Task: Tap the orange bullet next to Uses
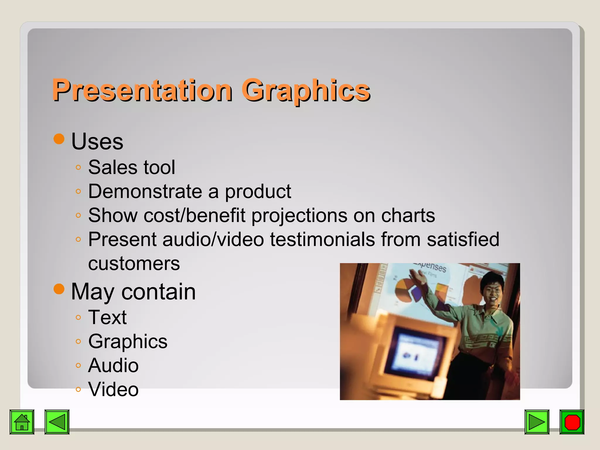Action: pyautogui.click(x=59, y=139)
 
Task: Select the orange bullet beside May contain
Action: pyautogui.click(x=59, y=289)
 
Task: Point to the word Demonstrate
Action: pyautogui.click(x=145, y=191)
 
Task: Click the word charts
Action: pyautogui.click(x=408, y=215)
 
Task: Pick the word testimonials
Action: pyautogui.click(x=322, y=239)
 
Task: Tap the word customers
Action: pyautogui.click(x=134, y=263)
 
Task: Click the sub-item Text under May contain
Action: pyautogui.click(x=107, y=317)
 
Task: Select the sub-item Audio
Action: pyautogui.click(x=113, y=365)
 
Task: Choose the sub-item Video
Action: pyautogui.click(x=113, y=389)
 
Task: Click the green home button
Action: pyautogui.click(x=22, y=422)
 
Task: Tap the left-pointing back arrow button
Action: pyautogui.click(x=57, y=422)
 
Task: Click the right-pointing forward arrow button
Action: pyautogui.click(x=537, y=422)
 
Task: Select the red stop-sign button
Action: pyautogui.click(x=572, y=422)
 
